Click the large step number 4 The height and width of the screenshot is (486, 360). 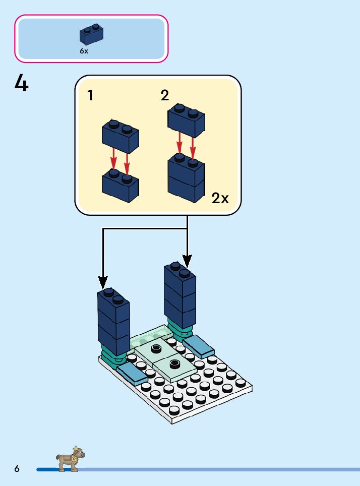coord(21,83)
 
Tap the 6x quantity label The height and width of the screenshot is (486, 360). coord(84,51)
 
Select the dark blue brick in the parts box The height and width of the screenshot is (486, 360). coord(91,34)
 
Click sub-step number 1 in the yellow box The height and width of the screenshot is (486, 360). coord(90,95)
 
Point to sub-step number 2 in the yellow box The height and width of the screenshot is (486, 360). coord(165,95)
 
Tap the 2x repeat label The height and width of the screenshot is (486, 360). coord(220,198)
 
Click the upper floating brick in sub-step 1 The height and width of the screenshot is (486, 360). coord(121,136)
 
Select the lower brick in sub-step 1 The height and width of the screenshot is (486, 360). coord(121,186)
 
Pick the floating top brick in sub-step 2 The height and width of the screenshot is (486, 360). coord(186,120)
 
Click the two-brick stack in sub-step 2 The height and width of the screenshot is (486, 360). coord(187,178)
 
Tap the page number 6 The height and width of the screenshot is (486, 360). coord(17,469)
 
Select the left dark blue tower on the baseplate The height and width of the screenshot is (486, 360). coord(113,322)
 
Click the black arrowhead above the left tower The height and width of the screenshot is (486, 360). coord(103,282)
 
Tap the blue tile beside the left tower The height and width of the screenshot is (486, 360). coord(132,374)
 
